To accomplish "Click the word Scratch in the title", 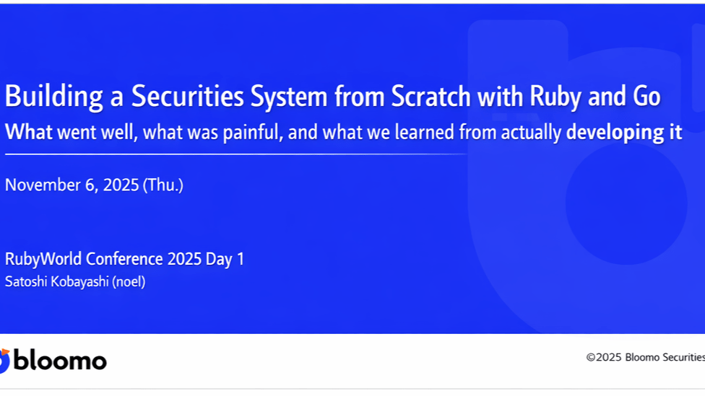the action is (x=431, y=96).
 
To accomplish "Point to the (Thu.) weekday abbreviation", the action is (x=163, y=185).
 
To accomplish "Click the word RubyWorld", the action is (x=43, y=259).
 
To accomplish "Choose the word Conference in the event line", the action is (x=124, y=259).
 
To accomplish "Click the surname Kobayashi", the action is (x=79, y=282).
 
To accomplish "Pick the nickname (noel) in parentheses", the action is (x=129, y=282).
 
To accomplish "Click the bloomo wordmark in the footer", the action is (x=60, y=361).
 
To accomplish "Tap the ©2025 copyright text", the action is (x=604, y=357).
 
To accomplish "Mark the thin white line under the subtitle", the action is (x=236, y=154).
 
